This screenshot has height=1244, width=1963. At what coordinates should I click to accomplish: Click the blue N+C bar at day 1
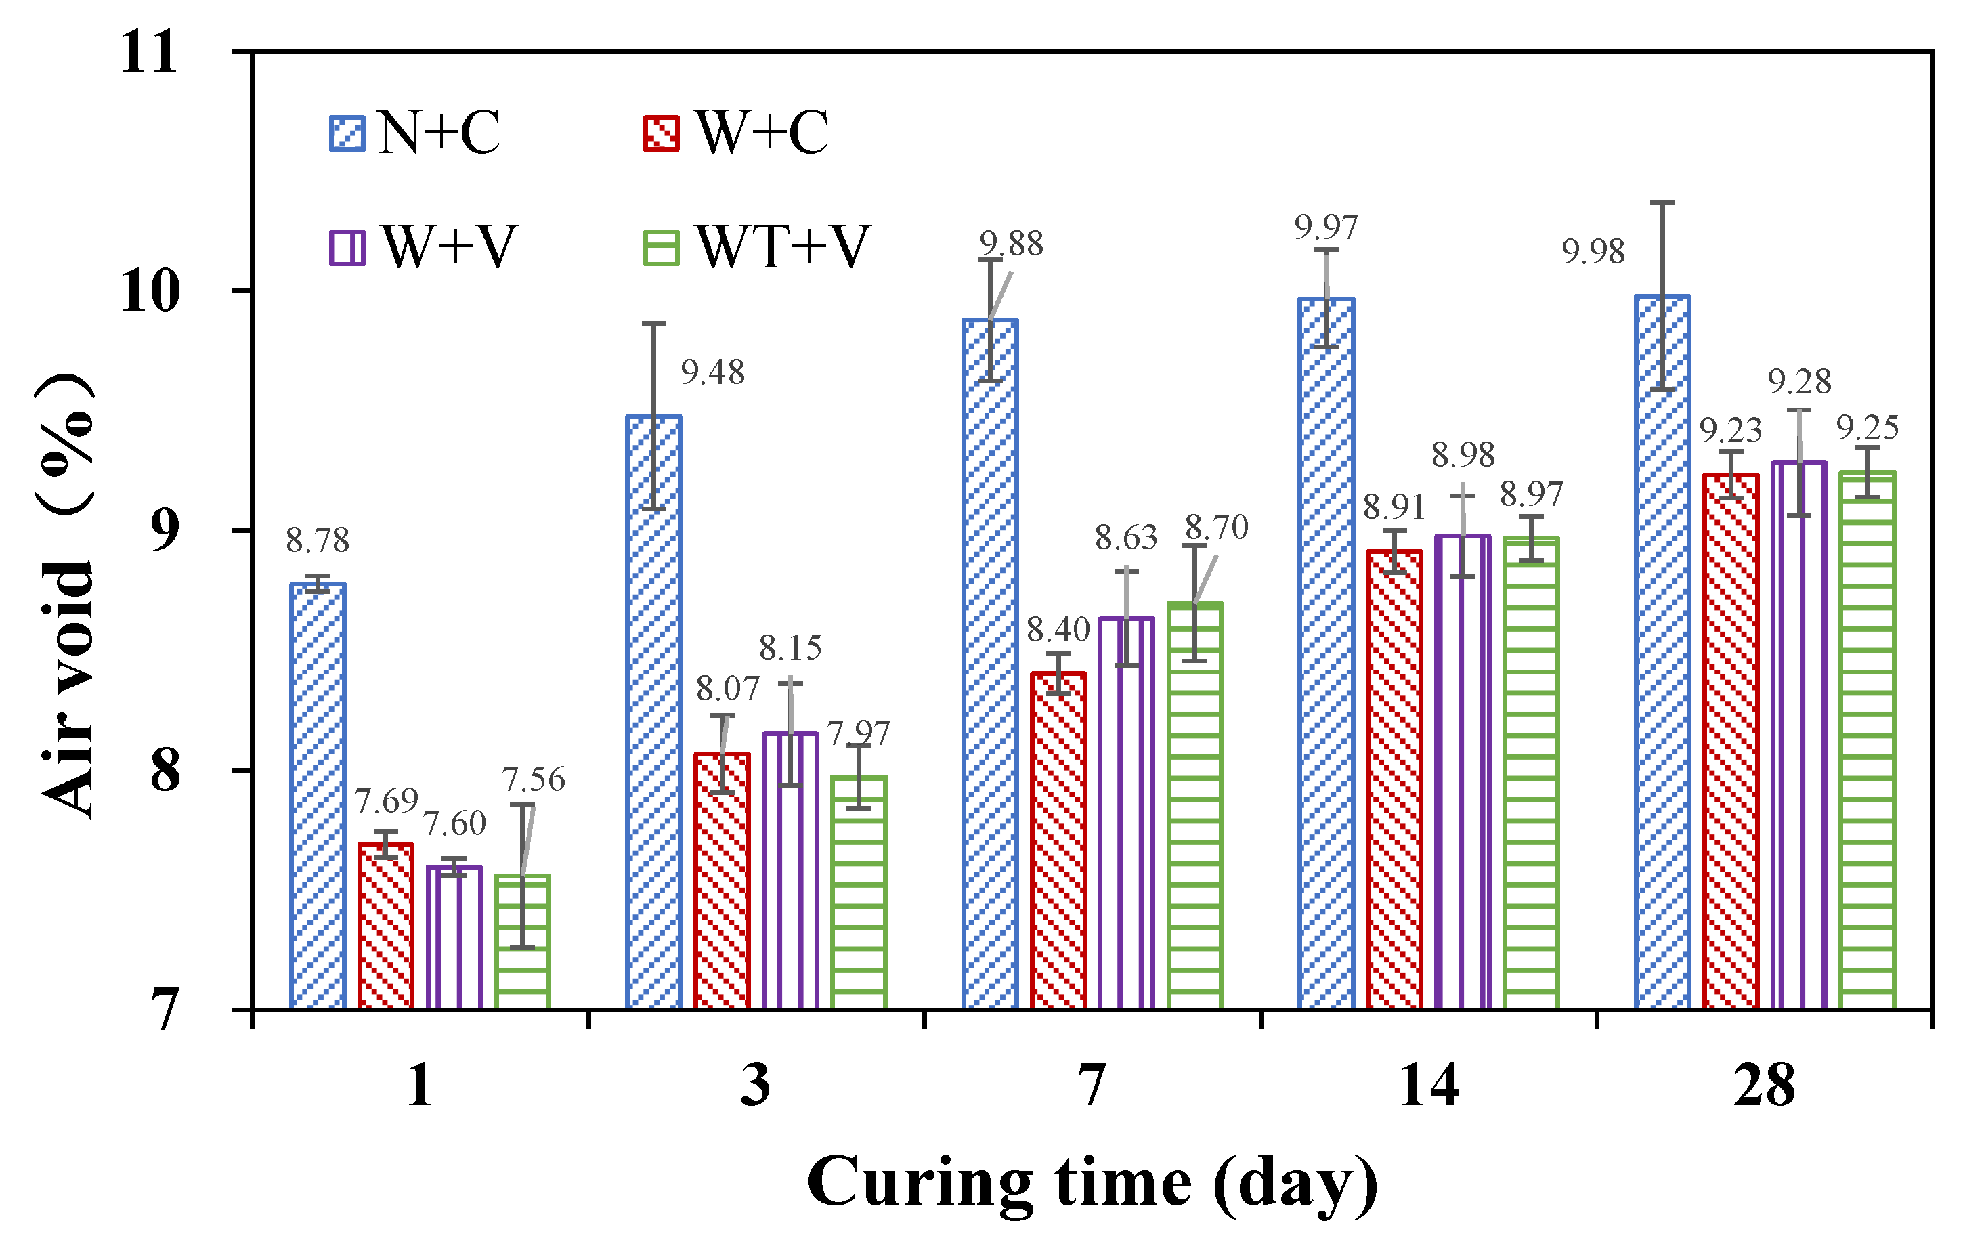[318, 795]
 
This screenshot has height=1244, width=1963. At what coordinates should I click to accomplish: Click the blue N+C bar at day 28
[1662, 652]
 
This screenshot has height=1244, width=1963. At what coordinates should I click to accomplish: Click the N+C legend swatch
[347, 133]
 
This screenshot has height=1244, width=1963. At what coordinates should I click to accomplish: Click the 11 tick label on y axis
[148, 52]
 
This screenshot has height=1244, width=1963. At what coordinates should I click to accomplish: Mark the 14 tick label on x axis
[1428, 1086]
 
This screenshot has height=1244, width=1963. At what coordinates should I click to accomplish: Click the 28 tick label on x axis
[1764, 1086]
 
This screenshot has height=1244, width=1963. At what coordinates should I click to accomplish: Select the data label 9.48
[712, 372]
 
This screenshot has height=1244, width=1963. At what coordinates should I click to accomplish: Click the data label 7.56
[533, 779]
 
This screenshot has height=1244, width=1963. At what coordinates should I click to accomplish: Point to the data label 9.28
[1799, 381]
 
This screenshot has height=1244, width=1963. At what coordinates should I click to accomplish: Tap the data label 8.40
[1057, 629]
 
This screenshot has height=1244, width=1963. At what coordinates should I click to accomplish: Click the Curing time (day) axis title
[1092, 1182]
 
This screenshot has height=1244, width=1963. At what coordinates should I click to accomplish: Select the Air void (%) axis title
[67, 595]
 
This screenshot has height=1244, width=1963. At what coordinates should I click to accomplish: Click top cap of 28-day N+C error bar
[1662, 203]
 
